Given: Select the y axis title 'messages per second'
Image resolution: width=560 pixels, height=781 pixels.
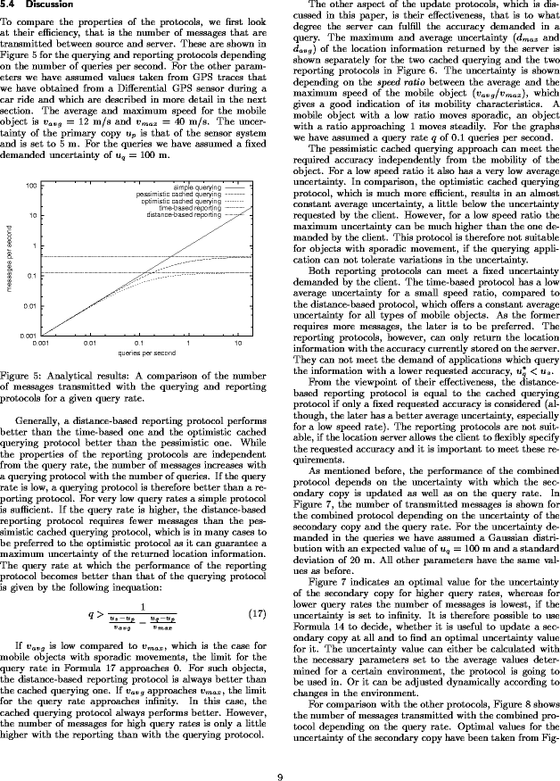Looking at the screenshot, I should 8,260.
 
